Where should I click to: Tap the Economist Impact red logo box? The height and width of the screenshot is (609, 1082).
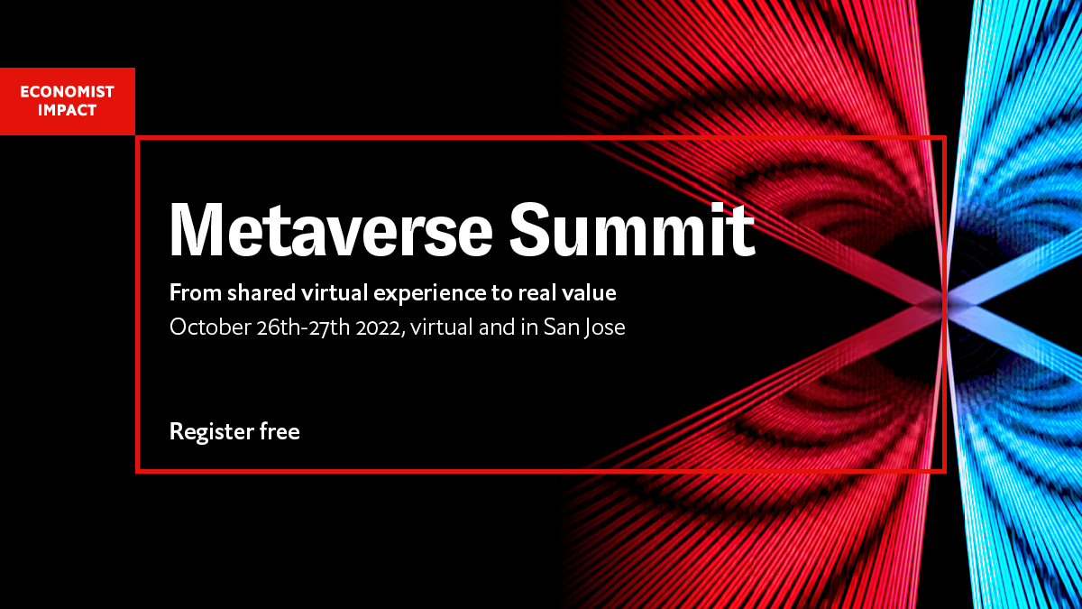[68, 101]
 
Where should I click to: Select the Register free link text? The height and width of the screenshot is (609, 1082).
[234, 432]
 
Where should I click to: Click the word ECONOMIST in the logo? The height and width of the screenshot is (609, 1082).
[67, 92]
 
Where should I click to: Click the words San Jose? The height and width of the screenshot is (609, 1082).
[584, 327]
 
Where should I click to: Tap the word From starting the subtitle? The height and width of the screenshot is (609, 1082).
[190, 293]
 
